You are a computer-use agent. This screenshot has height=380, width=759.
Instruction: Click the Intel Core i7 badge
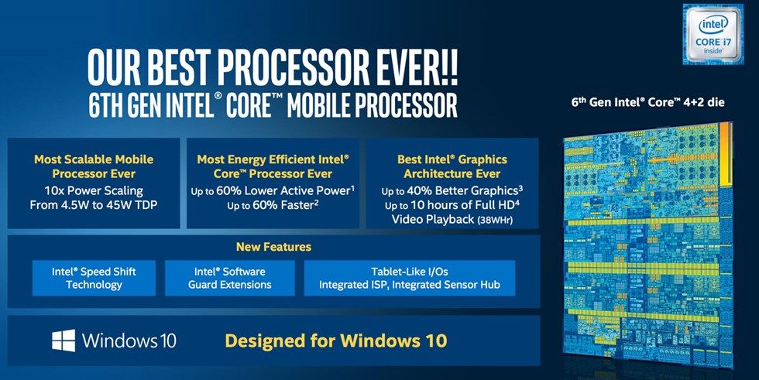pyautogui.click(x=713, y=34)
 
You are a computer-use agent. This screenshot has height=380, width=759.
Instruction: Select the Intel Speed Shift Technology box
pyautogui.click(x=94, y=278)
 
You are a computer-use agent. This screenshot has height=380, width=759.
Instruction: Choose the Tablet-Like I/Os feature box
pyautogui.click(x=409, y=278)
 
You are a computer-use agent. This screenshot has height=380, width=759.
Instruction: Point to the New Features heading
pyautogui.click(x=273, y=247)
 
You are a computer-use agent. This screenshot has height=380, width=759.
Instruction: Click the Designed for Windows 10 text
pyautogui.click(x=335, y=340)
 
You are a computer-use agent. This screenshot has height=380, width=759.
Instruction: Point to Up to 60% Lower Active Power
pyautogui.click(x=272, y=190)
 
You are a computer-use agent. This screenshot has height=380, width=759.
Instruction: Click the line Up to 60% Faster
pyautogui.click(x=272, y=206)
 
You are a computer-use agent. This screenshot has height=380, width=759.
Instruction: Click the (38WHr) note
pyautogui.click(x=492, y=221)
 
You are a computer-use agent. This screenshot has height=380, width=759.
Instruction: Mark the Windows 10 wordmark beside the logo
pyautogui.click(x=129, y=340)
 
